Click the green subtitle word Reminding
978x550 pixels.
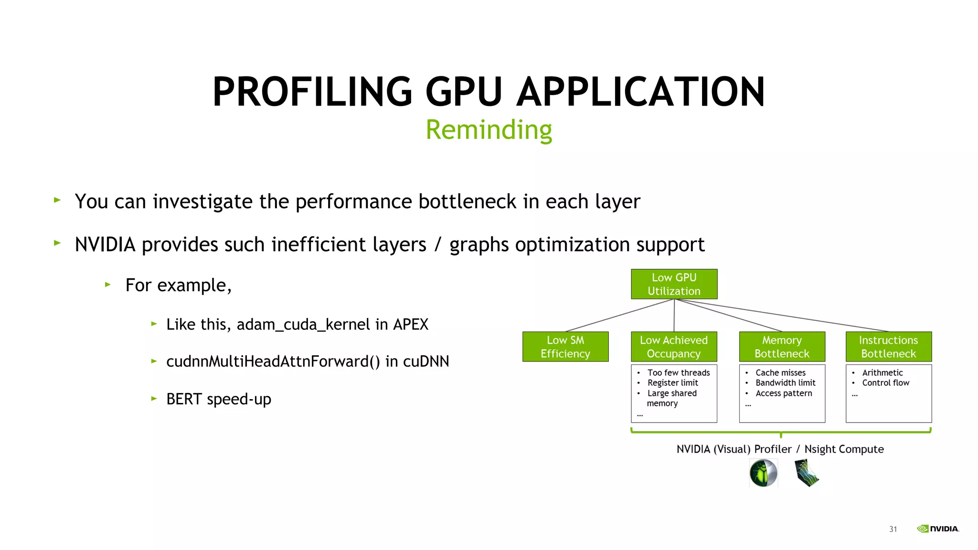(x=489, y=130)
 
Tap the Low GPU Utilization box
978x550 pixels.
(x=674, y=284)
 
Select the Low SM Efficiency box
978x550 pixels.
(x=565, y=347)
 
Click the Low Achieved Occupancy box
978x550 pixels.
(x=674, y=347)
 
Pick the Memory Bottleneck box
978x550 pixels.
(x=782, y=347)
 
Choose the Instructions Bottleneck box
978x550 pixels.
(x=888, y=347)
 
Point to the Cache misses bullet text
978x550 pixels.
(x=780, y=372)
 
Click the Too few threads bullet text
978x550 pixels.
(x=679, y=372)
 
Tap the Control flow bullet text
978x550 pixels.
(x=885, y=383)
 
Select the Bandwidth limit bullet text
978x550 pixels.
(x=786, y=383)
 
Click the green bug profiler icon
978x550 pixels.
(x=763, y=473)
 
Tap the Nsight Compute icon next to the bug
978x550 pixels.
(x=807, y=473)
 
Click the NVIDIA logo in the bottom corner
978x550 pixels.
(x=938, y=529)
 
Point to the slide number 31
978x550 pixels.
(x=893, y=529)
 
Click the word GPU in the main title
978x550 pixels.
(x=464, y=92)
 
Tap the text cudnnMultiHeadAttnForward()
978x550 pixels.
(x=273, y=361)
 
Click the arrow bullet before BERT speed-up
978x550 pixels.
(x=154, y=398)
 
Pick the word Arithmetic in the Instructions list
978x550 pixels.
(x=882, y=372)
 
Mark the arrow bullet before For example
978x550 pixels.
(x=108, y=285)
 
